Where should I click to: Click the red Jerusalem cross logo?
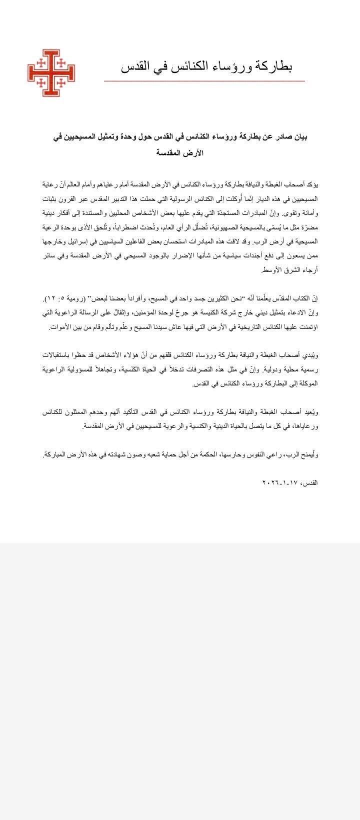click(x=47, y=73)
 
